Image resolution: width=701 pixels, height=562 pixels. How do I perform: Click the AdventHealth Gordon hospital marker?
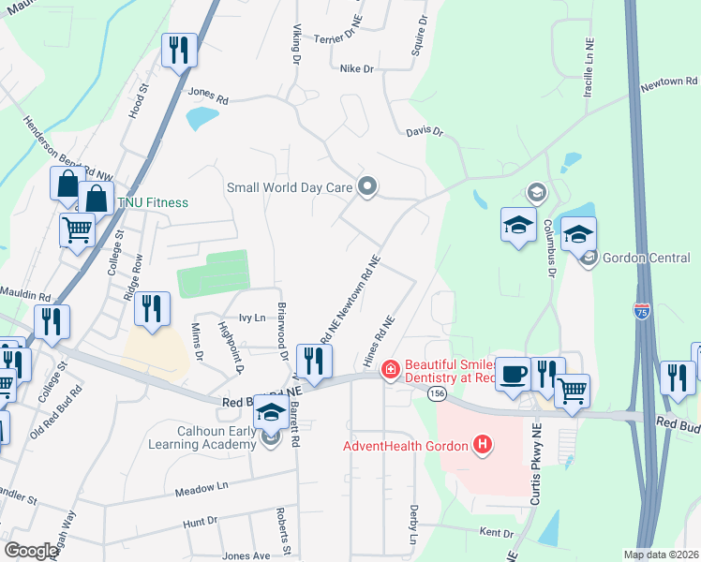click(483, 443)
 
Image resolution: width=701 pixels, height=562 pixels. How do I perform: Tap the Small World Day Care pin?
click(367, 187)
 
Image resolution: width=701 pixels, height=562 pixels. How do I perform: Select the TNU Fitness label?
click(152, 202)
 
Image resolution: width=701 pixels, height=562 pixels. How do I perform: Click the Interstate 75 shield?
click(642, 312)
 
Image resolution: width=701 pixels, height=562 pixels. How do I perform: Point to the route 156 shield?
click(437, 395)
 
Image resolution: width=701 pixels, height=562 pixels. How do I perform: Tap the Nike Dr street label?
click(356, 69)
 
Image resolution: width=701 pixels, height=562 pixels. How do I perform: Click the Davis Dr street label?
click(424, 133)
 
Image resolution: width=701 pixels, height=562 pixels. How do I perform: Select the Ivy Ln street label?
click(254, 318)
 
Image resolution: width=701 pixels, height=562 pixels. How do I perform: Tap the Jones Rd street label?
click(208, 95)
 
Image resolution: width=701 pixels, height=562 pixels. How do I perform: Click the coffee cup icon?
click(513, 374)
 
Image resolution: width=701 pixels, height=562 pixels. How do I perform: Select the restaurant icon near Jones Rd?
click(177, 49)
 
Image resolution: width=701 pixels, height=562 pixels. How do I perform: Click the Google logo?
click(31, 552)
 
